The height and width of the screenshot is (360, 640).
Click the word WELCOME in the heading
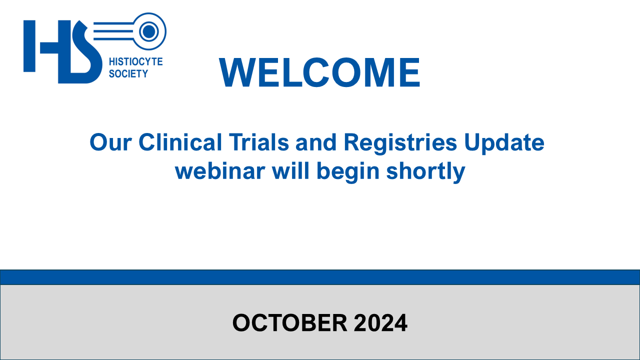click(x=319, y=72)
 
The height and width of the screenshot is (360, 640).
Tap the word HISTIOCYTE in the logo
click(x=135, y=61)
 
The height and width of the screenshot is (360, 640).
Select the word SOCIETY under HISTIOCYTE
click(x=128, y=73)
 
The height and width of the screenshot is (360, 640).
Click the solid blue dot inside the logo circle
click(x=149, y=31)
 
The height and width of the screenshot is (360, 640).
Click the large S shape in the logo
click(x=85, y=52)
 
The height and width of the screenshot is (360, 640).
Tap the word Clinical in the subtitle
click(x=180, y=142)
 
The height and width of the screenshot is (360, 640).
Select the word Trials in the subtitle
click(x=259, y=142)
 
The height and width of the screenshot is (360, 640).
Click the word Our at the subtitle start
click(x=110, y=142)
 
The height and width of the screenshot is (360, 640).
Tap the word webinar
click(x=220, y=171)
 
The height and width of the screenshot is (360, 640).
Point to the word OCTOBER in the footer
click(x=289, y=323)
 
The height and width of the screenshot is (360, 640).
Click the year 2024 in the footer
click(x=380, y=323)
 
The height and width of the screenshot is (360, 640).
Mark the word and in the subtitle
click(x=316, y=142)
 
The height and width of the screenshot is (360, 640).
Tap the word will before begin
click(x=290, y=170)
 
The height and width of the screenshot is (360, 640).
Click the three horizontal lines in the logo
click(x=113, y=31)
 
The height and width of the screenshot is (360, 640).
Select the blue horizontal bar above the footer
click(x=320, y=277)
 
